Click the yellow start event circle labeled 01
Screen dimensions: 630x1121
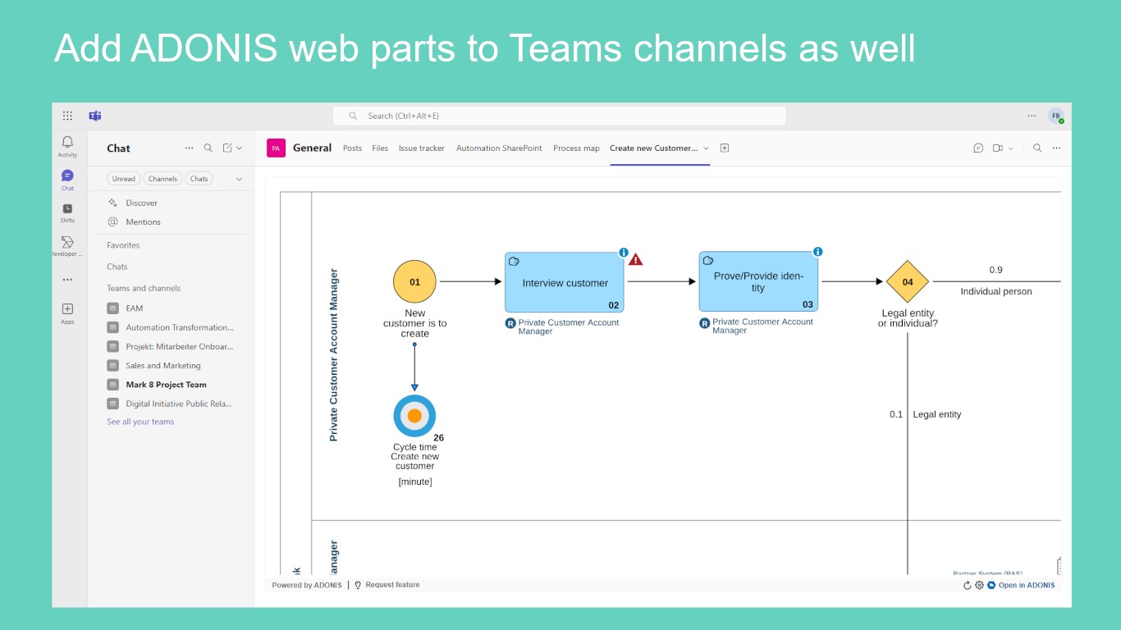(414, 281)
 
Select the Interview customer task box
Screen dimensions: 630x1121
(565, 282)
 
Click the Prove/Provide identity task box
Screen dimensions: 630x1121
(758, 281)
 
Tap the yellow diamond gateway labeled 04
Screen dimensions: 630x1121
(907, 281)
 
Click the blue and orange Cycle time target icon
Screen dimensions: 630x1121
(414, 416)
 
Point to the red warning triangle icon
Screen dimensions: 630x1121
(636, 259)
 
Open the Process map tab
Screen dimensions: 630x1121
(576, 148)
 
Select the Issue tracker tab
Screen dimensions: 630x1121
(422, 148)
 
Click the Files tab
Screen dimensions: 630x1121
(380, 148)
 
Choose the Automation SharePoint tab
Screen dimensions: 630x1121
(499, 148)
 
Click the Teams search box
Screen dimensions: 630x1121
(559, 116)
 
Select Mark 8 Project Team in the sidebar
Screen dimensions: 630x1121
(166, 385)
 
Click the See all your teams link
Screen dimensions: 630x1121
(140, 422)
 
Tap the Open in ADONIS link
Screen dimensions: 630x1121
(1026, 585)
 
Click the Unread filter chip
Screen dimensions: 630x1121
(124, 179)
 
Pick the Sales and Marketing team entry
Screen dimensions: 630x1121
(162, 366)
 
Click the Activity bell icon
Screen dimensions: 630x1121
(67, 143)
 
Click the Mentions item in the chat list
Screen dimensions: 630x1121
(143, 222)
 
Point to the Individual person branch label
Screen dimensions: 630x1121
(995, 291)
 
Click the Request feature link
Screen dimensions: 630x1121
(391, 585)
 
